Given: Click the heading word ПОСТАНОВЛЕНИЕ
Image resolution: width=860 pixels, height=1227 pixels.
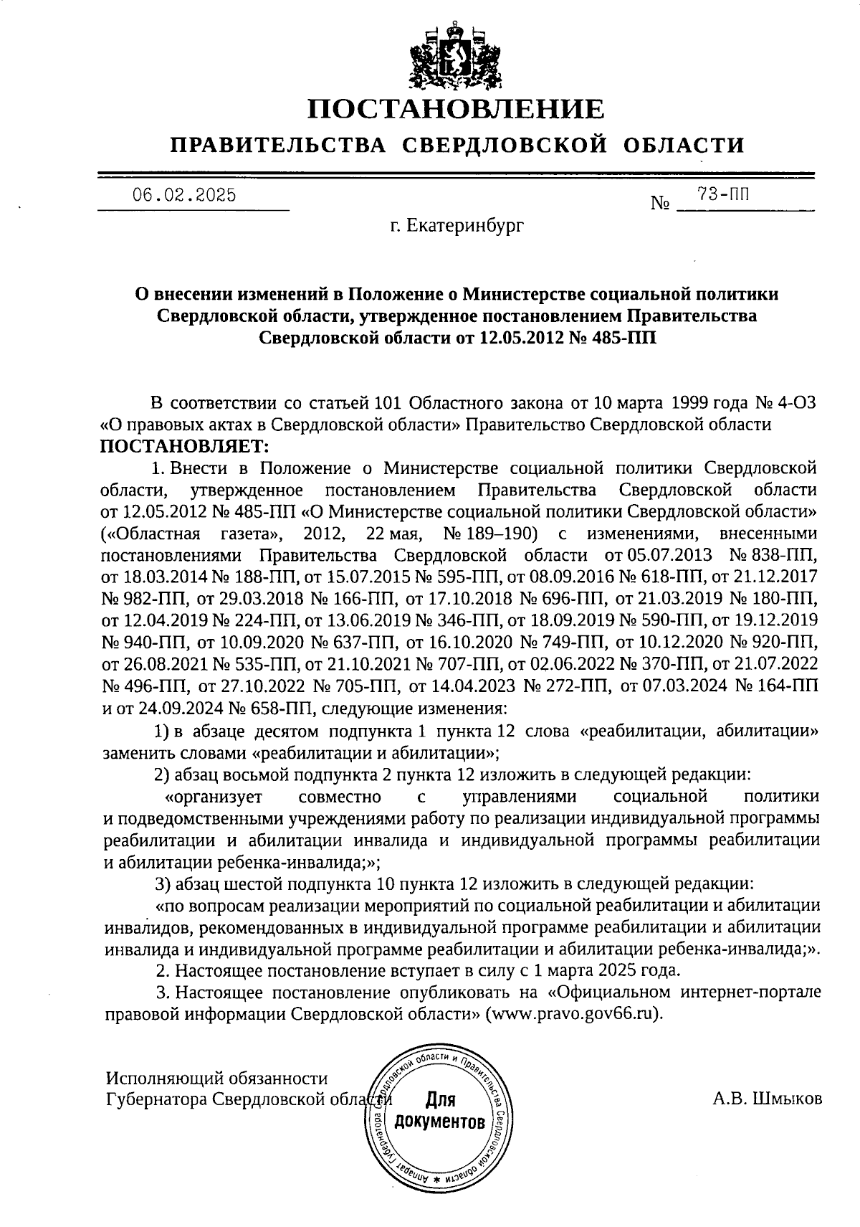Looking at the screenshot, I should click(x=456, y=109).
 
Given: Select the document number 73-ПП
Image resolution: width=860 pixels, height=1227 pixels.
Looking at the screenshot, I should click(x=721, y=193).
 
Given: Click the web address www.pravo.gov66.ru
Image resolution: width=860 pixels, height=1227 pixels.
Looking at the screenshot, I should click(x=573, y=1015).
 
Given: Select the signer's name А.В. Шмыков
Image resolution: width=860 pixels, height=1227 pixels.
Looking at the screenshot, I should click(x=768, y=1099).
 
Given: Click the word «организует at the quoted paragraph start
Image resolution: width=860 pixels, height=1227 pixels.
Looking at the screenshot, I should click(x=213, y=797).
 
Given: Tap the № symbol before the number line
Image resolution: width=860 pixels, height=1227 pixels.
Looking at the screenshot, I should click(x=659, y=204).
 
